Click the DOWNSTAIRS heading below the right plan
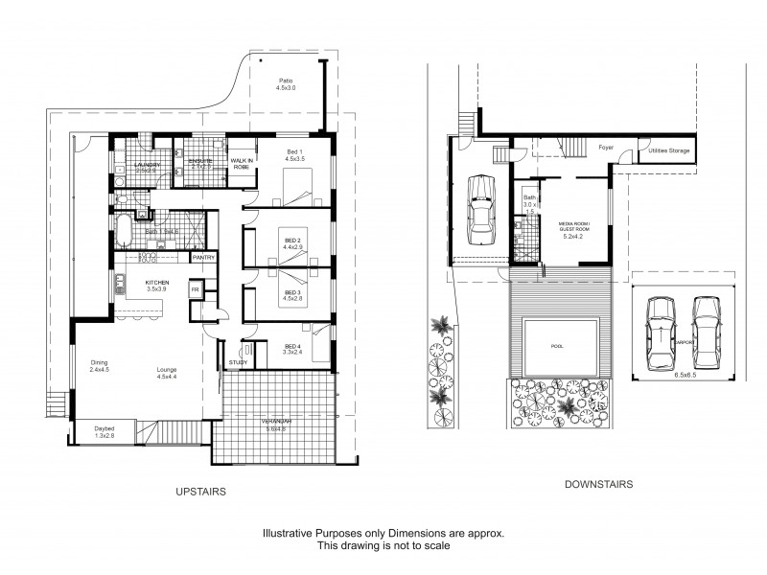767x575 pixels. [x=598, y=485]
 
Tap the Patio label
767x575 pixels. [x=286, y=80]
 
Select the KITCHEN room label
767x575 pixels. [x=156, y=284]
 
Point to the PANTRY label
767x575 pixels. [x=202, y=257]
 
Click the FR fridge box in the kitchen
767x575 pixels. [x=195, y=288]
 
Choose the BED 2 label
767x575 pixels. [x=292, y=241]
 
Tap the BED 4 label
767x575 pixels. [x=293, y=347]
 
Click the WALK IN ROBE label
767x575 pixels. [x=241, y=165]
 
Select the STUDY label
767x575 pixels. [x=238, y=363]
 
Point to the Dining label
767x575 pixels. [x=100, y=362]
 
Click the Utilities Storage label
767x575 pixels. [x=668, y=151]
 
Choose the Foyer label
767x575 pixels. [x=606, y=148]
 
